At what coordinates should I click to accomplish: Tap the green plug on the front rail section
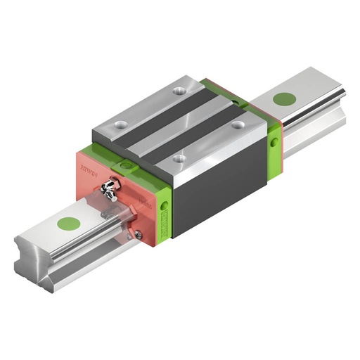[68, 224]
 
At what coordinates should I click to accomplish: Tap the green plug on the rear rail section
[285, 99]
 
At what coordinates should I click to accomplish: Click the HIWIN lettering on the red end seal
[89, 169]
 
